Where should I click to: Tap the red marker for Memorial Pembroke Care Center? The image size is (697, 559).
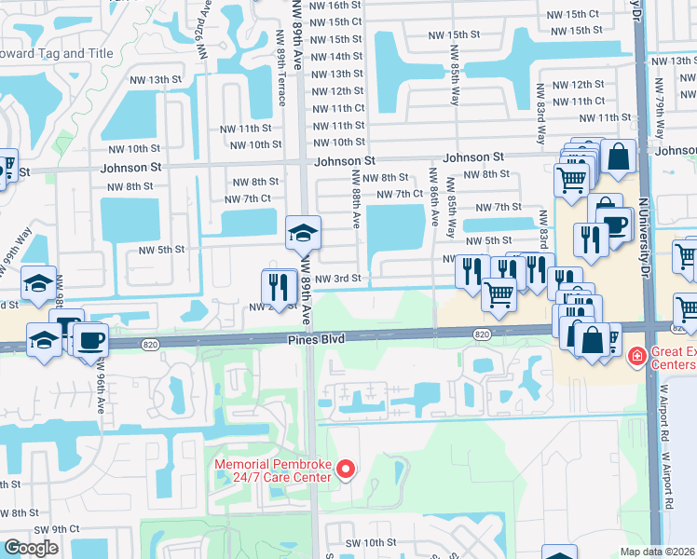point(346,470)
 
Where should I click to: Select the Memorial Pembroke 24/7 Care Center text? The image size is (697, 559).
point(273,470)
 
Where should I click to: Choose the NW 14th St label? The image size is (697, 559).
point(336,57)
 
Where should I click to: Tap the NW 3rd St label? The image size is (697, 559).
point(336,279)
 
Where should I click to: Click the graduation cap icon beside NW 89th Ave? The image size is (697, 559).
point(303,234)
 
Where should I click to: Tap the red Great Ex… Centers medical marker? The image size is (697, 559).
point(636,355)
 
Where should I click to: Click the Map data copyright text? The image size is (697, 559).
point(658,552)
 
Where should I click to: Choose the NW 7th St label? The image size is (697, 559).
point(498,207)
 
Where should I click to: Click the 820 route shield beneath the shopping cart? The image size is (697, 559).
point(482,334)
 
